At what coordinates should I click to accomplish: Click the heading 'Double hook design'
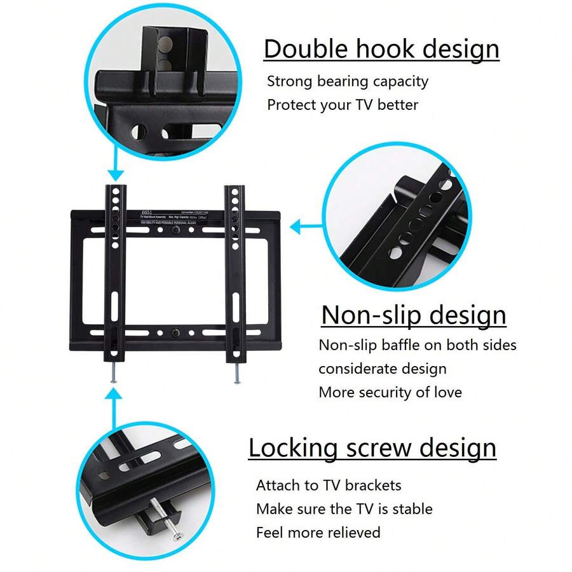(x=381, y=50)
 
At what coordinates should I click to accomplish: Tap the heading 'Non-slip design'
(x=414, y=315)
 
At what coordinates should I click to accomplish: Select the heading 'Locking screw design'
(x=372, y=448)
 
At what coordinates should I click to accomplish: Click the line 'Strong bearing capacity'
(x=348, y=82)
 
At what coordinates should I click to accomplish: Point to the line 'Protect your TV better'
(x=343, y=105)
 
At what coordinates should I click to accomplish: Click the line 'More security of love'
(x=390, y=392)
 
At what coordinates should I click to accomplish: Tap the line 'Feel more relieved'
(x=318, y=532)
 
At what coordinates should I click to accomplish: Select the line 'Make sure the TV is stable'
(x=344, y=509)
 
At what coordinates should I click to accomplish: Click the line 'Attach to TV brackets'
(x=329, y=486)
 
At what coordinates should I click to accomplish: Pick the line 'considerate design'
(x=383, y=369)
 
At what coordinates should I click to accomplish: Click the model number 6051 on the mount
(x=147, y=213)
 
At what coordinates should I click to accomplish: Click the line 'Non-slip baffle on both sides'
(x=418, y=345)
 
